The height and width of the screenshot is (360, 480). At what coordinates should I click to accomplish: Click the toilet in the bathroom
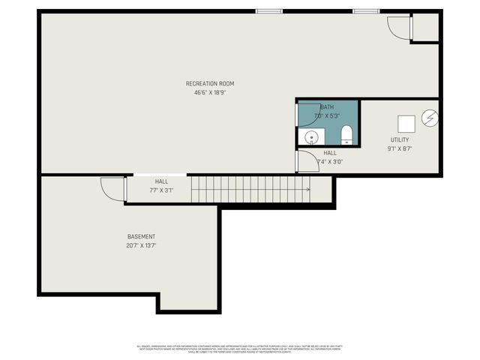346,135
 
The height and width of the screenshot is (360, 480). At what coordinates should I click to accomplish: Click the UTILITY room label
400,140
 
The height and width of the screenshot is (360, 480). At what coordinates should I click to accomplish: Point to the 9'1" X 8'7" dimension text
400,149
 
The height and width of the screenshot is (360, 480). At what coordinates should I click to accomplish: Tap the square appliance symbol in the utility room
406,124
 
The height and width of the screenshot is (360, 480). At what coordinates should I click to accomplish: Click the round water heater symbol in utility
430,117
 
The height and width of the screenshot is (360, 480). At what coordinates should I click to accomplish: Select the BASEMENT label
141,236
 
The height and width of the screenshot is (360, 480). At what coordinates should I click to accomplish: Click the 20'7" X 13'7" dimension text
141,245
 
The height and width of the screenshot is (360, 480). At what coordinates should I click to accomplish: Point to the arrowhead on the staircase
307,189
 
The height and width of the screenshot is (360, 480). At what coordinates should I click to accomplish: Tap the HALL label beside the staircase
161,181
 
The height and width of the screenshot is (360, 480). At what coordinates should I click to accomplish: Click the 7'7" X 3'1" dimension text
161,190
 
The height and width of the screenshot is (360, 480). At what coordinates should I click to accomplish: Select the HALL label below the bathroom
330,153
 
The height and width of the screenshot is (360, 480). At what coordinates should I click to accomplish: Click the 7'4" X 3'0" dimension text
330,162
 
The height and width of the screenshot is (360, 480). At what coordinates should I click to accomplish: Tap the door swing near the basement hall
112,187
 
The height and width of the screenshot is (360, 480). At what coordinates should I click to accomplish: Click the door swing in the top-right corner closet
399,28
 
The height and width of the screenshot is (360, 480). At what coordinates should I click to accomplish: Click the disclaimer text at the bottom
240,349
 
